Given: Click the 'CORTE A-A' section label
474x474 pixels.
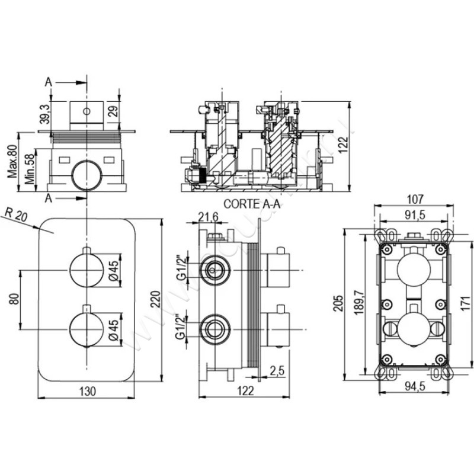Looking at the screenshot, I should click(x=251, y=203).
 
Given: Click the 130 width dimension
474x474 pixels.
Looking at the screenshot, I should click(x=88, y=390).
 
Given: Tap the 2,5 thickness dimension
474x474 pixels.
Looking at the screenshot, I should click(x=277, y=371).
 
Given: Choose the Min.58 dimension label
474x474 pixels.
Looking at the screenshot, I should click(x=28, y=168).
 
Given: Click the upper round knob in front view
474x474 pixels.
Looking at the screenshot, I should click(x=87, y=270).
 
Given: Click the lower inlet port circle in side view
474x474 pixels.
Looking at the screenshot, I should click(x=214, y=329).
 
